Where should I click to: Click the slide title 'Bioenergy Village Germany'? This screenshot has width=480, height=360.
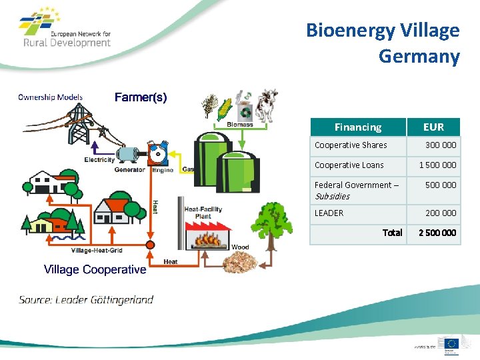click(383, 43)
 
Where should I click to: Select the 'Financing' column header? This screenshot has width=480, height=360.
click(358, 127)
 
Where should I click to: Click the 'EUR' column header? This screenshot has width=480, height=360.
click(433, 127)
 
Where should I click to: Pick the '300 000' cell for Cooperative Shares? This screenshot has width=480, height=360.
click(441, 145)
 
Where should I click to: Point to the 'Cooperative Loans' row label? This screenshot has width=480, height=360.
click(349, 165)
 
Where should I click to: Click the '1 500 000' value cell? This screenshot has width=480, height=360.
click(437, 165)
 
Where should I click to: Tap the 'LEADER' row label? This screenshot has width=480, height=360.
click(329, 213)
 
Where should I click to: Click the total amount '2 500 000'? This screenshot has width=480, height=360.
click(437, 233)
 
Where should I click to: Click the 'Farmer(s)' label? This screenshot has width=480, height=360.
click(141, 97)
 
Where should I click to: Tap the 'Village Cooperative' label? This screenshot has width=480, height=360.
click(95, 269)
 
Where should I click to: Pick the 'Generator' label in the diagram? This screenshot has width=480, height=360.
click(129, 170)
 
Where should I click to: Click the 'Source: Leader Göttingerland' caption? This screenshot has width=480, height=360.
click(86, 299)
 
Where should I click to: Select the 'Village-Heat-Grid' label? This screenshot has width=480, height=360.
click(96, 251)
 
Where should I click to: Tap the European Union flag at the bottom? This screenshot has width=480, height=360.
click(451, 343)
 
